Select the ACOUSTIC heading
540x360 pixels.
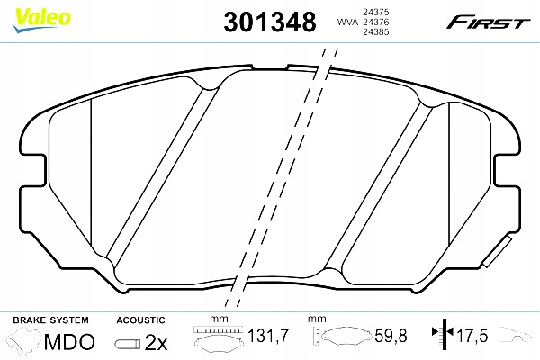140,319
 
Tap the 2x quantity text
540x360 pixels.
157,341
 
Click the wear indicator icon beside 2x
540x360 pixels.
126,342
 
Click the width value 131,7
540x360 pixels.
267,337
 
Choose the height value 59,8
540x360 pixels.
390,337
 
